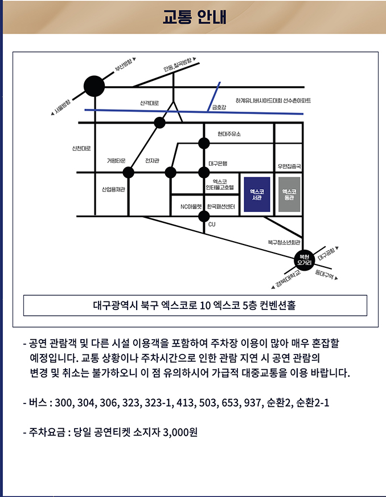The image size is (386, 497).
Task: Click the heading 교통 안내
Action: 194,17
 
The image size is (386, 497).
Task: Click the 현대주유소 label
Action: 229,134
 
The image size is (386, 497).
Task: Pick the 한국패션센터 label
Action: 221,207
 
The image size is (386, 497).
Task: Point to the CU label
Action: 212,225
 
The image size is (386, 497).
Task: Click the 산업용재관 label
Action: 113,189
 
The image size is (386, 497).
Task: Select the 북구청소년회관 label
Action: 284,242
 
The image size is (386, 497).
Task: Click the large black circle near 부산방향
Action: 95,87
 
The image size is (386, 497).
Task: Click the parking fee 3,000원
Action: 180,433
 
